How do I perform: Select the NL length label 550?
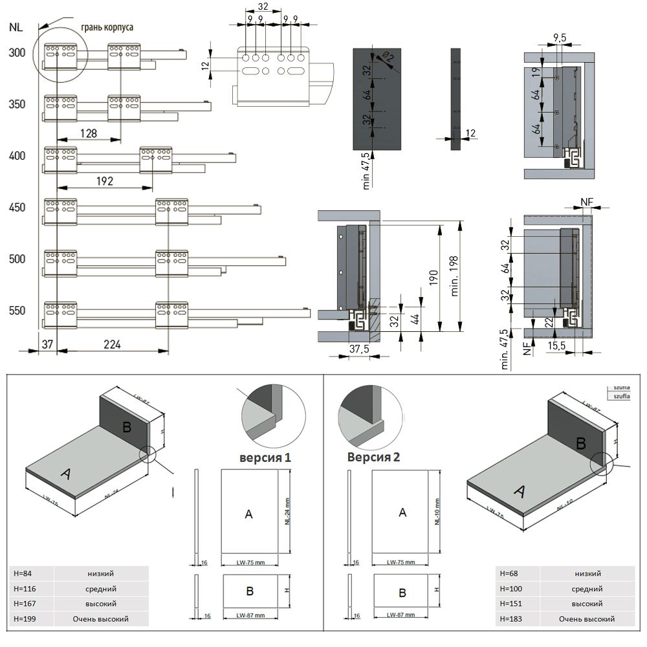point(17,311)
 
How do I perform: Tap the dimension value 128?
point(89,133)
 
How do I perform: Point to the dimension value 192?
point(105,181)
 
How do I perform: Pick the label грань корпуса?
point(107,28)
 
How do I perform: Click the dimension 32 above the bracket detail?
point(263,6)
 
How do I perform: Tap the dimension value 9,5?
point(559,38)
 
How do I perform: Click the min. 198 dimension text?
point(455,274)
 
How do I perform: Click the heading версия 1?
point(265,458)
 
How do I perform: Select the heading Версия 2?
point(373,457)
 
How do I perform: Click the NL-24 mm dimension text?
point(285,511)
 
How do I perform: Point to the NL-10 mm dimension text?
point(437,512)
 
